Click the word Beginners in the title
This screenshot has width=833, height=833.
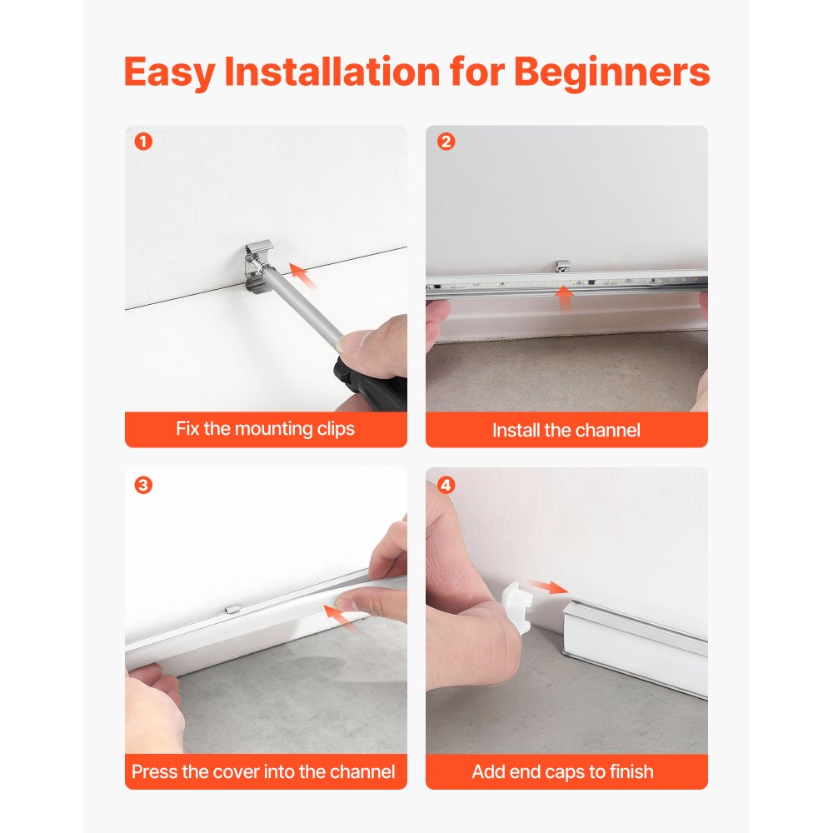(x=611, y=72)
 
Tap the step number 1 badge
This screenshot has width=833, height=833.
(x=143, y=142)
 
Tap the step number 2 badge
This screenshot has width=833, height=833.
(x=446, y=142)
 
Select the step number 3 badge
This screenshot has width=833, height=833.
(x=143, y=485)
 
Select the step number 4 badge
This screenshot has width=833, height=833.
(x=446, y=485)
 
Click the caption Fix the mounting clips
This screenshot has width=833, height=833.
(x=265, y=429)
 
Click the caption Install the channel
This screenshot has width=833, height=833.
(x=566, y=430)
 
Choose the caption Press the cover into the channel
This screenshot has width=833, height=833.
(x=263, y=771)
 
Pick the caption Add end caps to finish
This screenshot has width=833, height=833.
(x=563, y=771)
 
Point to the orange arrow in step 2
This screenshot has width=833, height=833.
(x=566, y=297)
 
